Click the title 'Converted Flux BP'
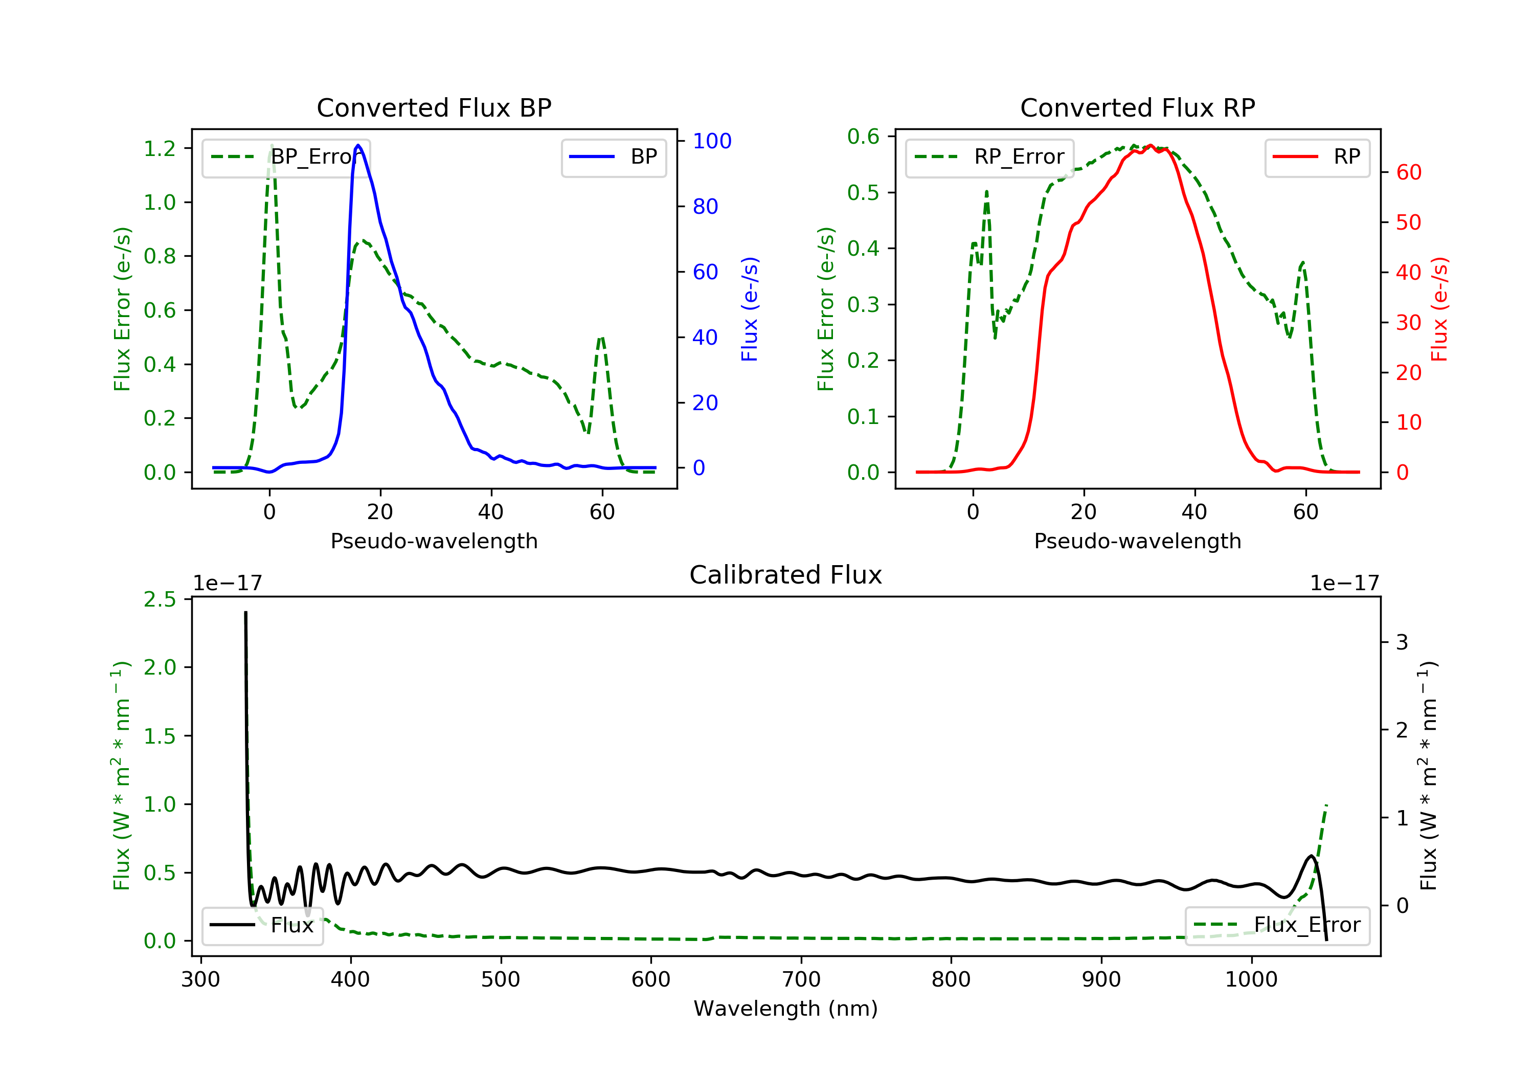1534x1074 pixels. pyautogui.click(x=434, y=107)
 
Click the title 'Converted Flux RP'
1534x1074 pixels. pyautogui.click(x=1137, y=107)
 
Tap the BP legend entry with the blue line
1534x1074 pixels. pyautogui.click(x=613, y=157)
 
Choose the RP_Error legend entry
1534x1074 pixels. pyautogui.click(x=989, y=157)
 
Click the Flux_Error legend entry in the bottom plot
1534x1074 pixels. pyautogui.click(x=1277, y=925)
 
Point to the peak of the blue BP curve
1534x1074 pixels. pyautogui.click(x=358, y=145)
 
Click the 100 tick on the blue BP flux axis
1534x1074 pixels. pyautogui.click(x=712, y=141)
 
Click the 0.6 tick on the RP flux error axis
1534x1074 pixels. pyautogui.click(x=863, y=137)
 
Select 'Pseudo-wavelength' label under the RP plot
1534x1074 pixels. pyautogui.click(x=1137, y=541)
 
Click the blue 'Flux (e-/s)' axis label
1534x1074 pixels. pyautogui.click(x=750, y=309)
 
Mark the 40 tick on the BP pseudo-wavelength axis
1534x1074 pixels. pyautogui.click(x=491, y=512)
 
